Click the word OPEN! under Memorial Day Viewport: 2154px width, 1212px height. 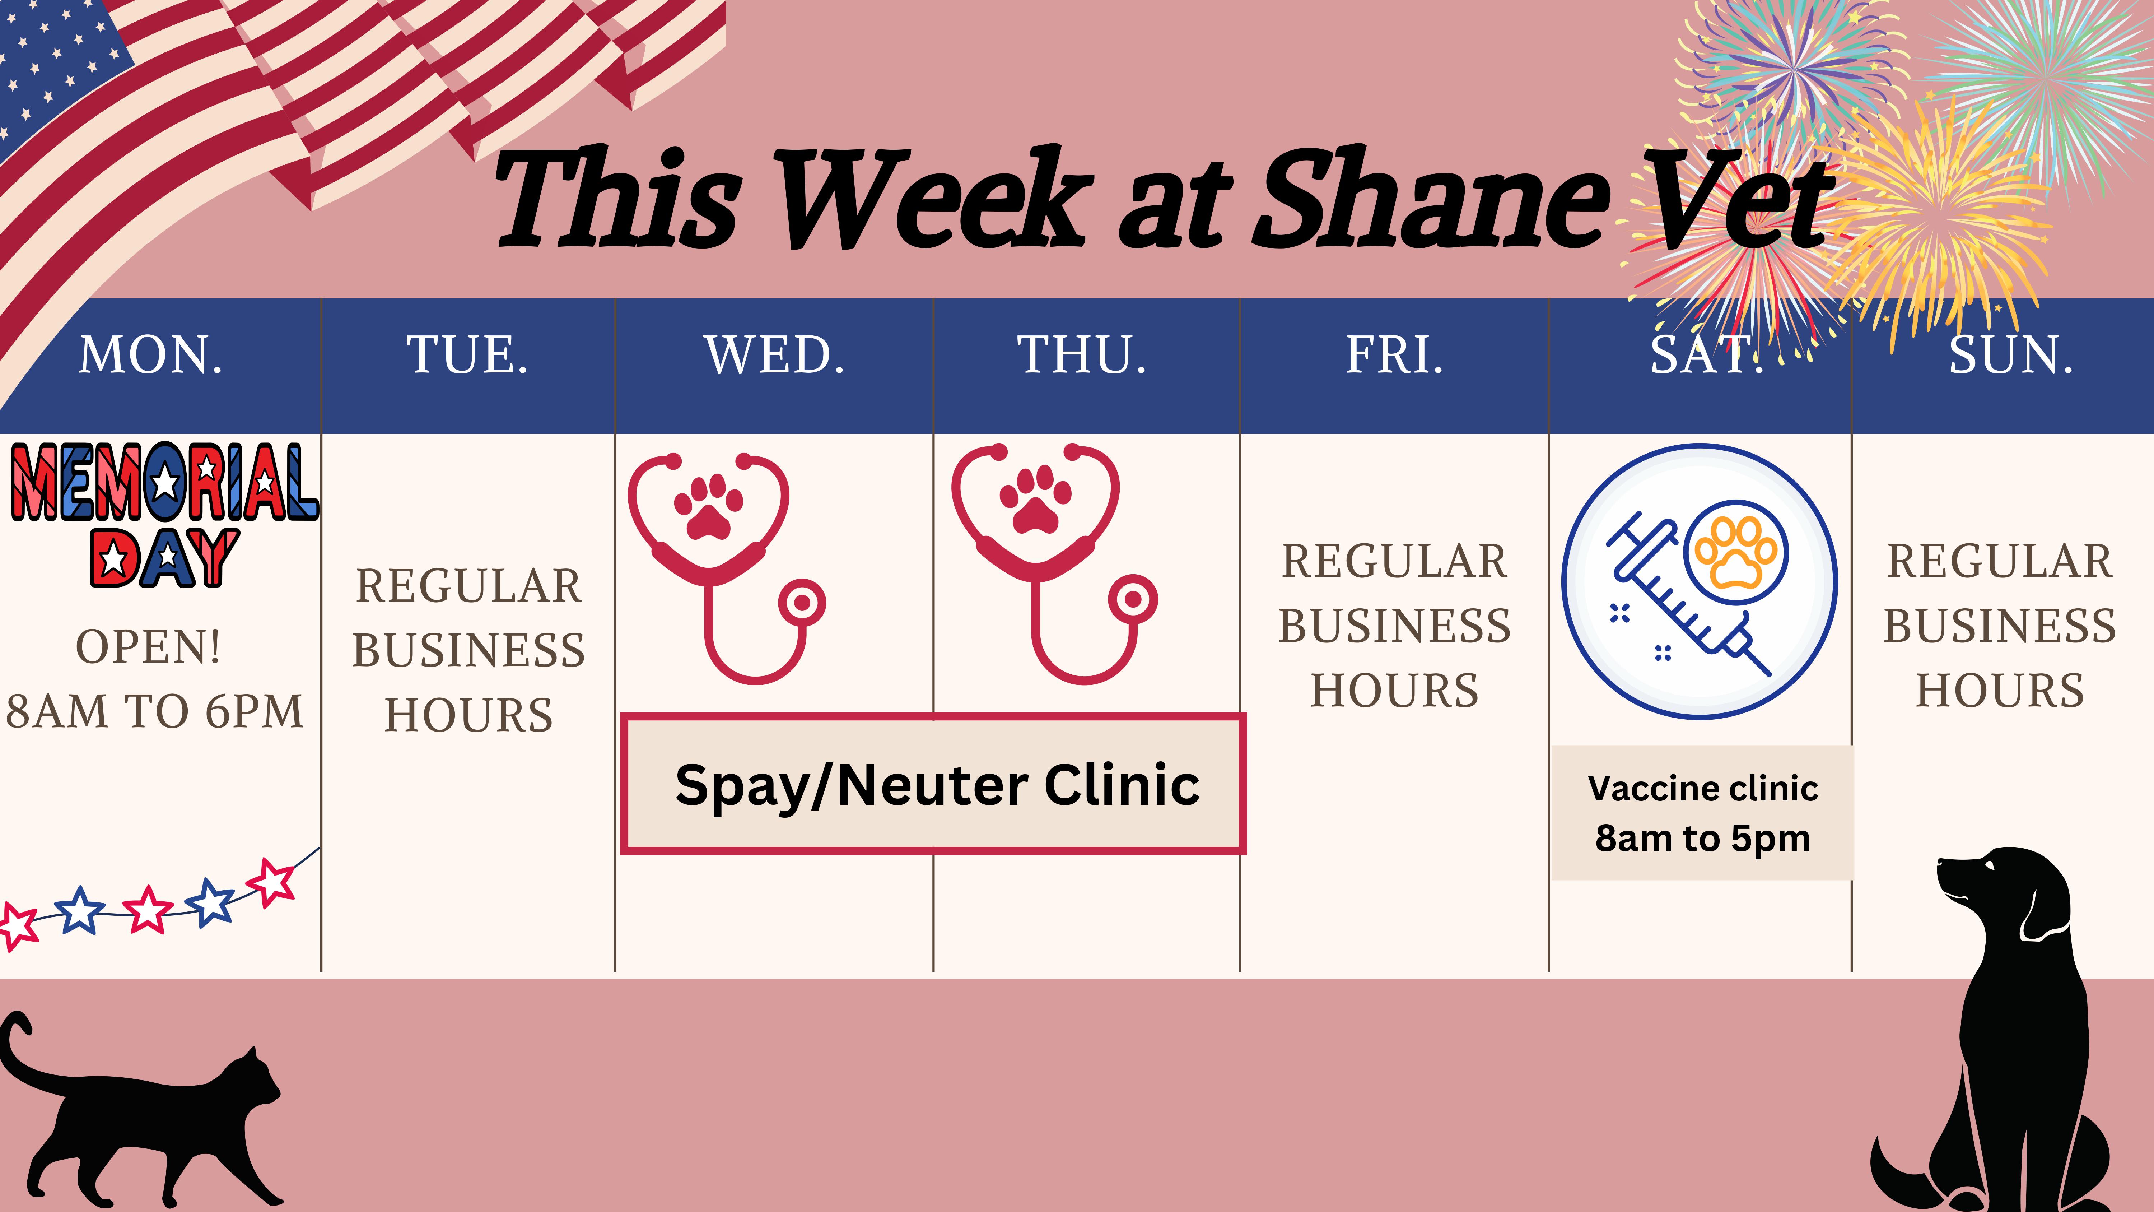(149, 646)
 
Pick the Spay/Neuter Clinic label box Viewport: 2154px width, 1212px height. (933, 784)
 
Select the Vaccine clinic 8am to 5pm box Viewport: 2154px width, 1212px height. (1702, 812)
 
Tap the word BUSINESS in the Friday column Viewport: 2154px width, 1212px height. (1395, 626)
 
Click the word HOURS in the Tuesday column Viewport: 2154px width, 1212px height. (468, 715)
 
